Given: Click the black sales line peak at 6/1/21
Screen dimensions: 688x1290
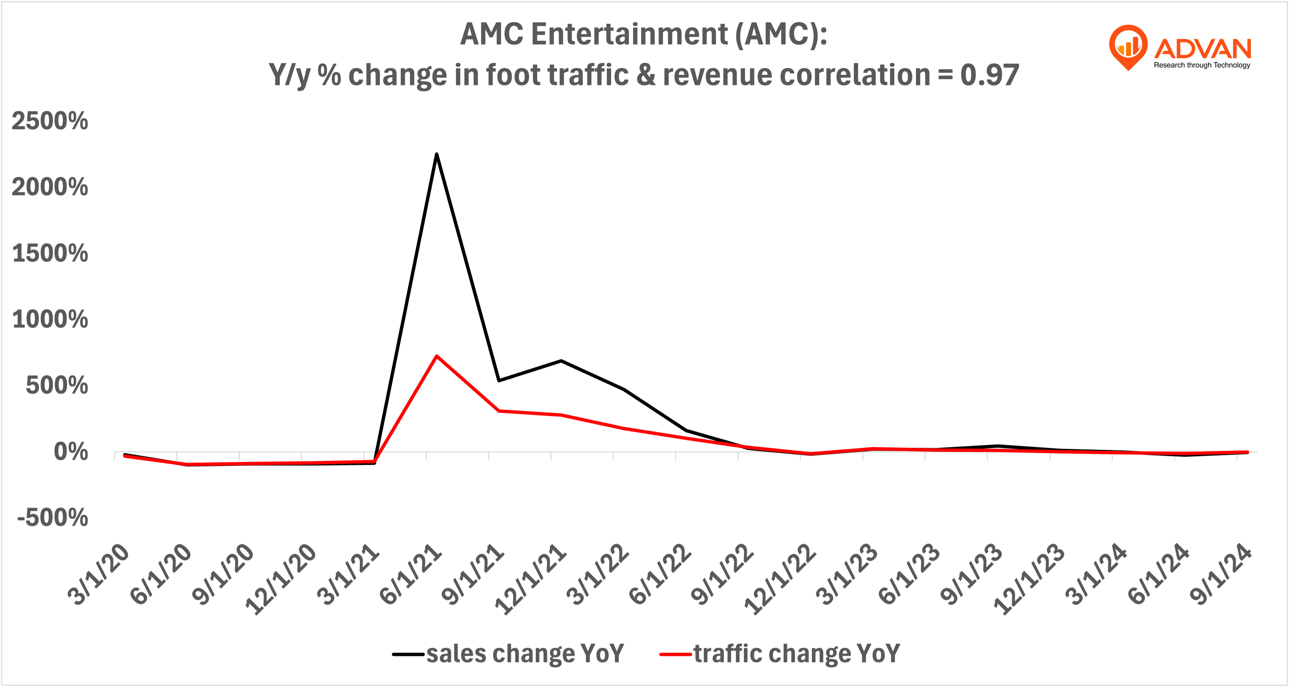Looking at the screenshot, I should pos(437,154).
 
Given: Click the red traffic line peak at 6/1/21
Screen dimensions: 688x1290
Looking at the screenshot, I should pos(437,356).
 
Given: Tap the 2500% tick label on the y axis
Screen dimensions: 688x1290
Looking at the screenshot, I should pos(49,121).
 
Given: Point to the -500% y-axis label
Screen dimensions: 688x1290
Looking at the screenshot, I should pos(53,517).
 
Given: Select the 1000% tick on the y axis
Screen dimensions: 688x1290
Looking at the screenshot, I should pos(49,319).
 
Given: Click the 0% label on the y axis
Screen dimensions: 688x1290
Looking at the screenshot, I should pos(71,452).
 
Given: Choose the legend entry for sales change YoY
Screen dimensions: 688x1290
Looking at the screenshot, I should pos(508,653).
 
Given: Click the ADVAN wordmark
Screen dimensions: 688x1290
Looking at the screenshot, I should pos(1202,49).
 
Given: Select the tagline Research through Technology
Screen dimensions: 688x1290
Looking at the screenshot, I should pos(1202,65).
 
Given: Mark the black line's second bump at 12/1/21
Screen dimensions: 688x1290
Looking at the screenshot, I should pos(561,360).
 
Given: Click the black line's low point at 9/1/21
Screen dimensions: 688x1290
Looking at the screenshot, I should pos(499,381).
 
